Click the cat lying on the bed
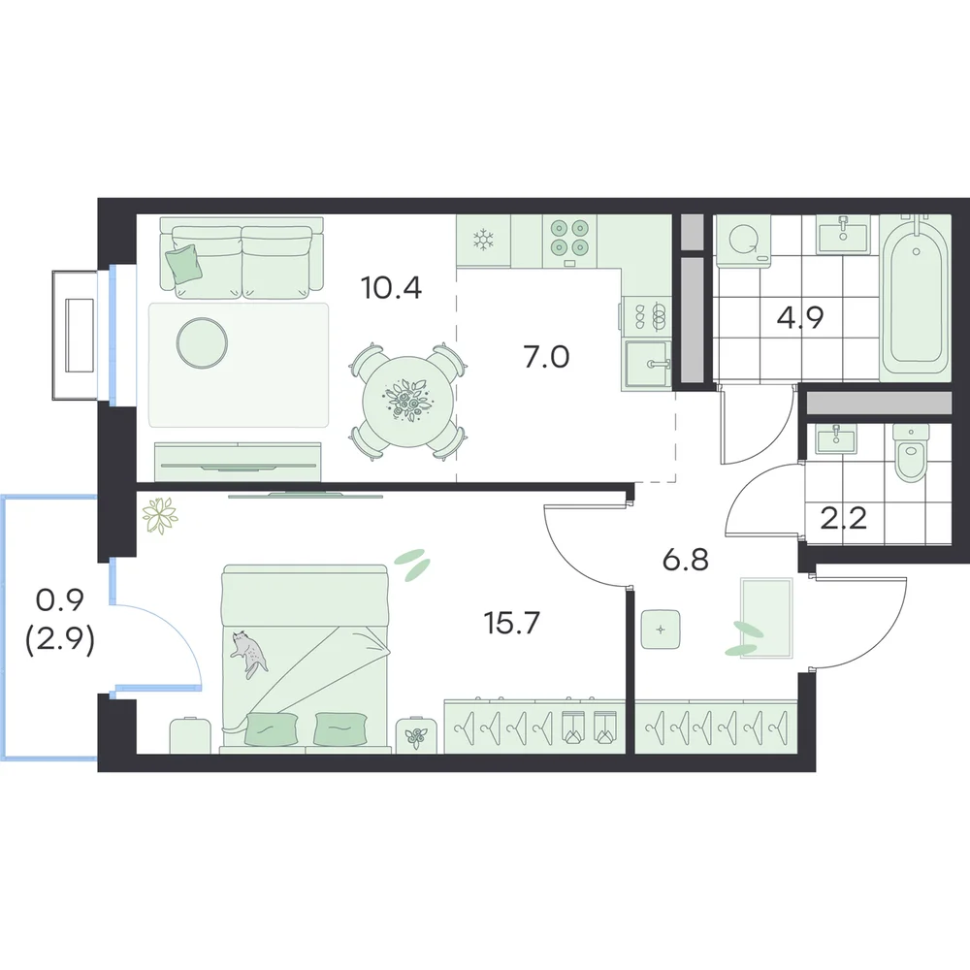click(248, 653)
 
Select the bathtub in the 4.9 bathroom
click(915, 295)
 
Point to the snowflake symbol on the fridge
click(482, 240)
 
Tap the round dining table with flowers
click(407, 401)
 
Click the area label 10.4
click(391, 288)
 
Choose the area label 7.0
click(546, 358)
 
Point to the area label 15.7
click(512, 623)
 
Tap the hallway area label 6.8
click(686, 561)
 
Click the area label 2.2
click(844, 518)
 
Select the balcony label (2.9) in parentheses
click(60, 641)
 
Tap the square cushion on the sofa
click(183, 264)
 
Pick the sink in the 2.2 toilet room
click(836, 439)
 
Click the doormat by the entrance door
click(766, 618)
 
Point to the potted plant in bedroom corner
click(159, 515)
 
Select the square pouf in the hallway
click(661, 630)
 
